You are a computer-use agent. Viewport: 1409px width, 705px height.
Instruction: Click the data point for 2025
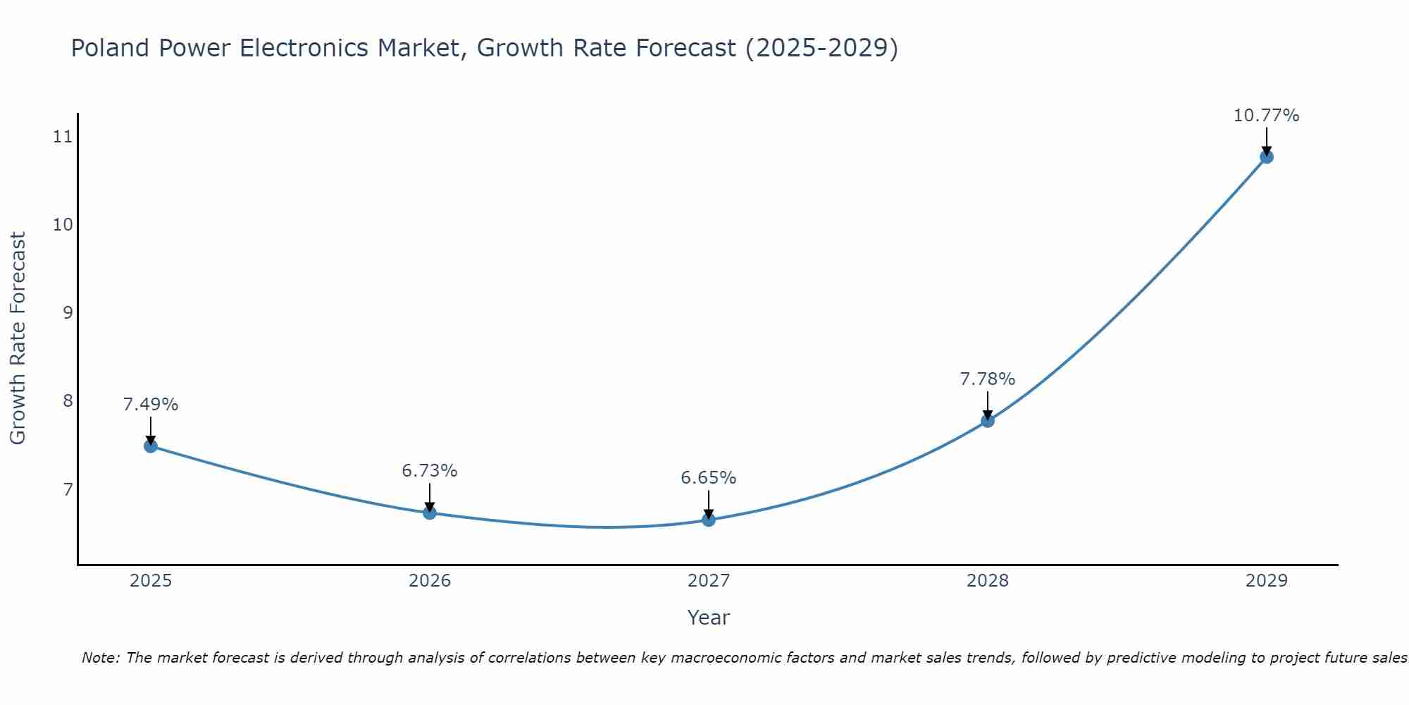(x=150, y=446)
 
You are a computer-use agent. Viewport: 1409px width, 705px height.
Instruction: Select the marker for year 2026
(x=430, y=513)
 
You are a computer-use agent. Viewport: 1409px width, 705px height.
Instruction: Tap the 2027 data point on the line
(x=709, y=520)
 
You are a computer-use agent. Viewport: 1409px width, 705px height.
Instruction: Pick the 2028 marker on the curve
(x=988, y=421)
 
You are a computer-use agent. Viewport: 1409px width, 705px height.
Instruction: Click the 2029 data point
(x=1266, y=157)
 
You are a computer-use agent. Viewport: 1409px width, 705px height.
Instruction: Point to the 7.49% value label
(x=151, y=405)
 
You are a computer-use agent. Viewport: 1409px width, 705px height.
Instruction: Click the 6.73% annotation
(x=430, y=471)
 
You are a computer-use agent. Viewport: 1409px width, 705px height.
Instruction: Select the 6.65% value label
(x=709, y=478)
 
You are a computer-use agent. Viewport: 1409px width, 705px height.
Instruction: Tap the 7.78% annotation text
(x=988, y=379)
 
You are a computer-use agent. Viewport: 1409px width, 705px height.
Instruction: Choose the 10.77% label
(x=1266, y=116)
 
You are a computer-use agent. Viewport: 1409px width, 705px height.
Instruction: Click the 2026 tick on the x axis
(x=430, y=581)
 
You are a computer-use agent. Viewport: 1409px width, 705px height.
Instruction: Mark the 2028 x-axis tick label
(x=988, y=581)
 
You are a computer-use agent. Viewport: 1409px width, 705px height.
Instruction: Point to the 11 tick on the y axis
(x=63, y=136)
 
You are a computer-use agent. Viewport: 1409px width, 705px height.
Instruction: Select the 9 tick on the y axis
(x=68, y=312)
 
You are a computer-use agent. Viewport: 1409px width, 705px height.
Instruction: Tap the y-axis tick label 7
(x=68, y=489)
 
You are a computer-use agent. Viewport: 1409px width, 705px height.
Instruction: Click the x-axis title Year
(x=708, y=618)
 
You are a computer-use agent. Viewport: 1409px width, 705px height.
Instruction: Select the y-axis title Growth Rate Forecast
(x=18, y=338)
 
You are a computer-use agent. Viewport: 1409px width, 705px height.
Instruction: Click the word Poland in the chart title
(x=111, y=48)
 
